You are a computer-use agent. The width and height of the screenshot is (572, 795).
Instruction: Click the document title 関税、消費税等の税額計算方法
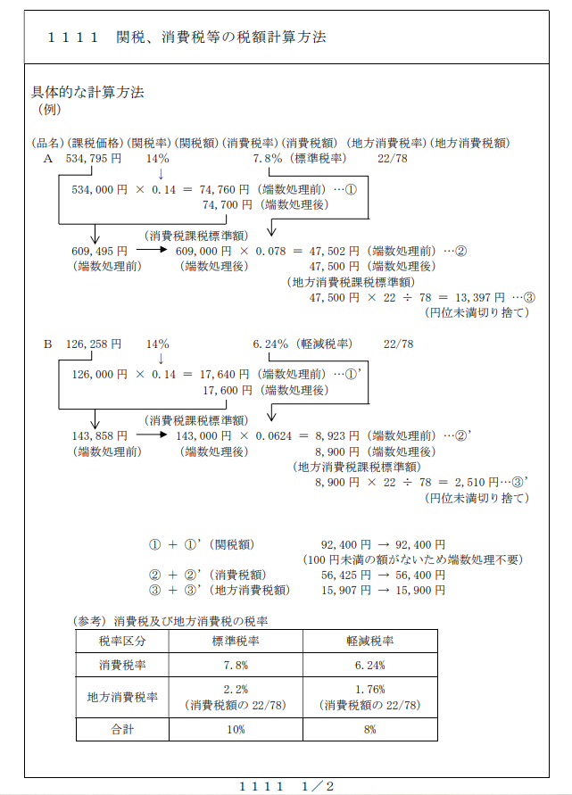pos(220,37)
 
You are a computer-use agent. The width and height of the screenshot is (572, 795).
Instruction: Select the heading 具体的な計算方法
pos(87,92)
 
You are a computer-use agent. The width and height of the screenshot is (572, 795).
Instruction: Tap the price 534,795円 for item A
pos(94,158)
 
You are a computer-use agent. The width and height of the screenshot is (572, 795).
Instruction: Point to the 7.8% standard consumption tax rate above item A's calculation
pos(268,158)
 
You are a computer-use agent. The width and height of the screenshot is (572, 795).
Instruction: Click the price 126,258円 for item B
pos(94,344)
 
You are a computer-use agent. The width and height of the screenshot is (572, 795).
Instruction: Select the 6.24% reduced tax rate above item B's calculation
pos(271,344)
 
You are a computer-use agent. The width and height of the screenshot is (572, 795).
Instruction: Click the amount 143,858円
pos(100,435)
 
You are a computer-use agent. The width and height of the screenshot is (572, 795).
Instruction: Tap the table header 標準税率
pos(236,642)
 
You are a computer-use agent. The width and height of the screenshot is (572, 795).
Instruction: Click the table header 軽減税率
pos(369,642)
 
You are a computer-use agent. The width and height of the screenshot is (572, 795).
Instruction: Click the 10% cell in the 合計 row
pos(236,729)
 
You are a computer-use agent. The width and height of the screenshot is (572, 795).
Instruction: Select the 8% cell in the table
pos(369,729)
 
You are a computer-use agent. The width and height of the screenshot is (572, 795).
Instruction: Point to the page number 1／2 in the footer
pos(318,786)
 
